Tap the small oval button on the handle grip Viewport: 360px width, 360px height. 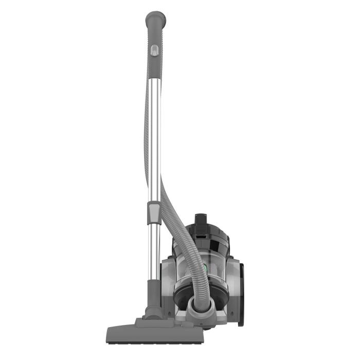pos(153,50)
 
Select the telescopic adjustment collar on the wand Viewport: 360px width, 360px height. pos(153,211)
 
